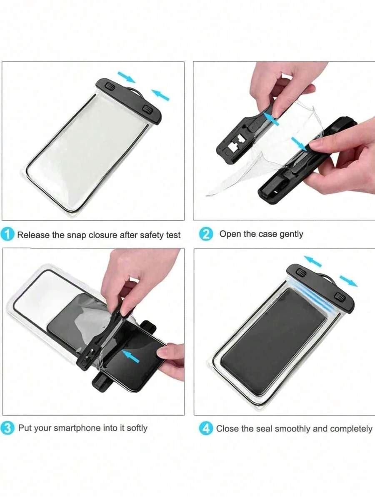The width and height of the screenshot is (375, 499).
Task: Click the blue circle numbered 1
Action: [x=7, y=235]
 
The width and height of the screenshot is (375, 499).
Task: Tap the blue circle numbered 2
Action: [x=206, y=234]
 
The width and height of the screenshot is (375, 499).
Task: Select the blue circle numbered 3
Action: [x=7, y=428]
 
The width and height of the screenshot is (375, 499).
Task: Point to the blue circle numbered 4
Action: [x=206, y=428]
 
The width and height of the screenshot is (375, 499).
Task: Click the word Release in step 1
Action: [x=33, y=235]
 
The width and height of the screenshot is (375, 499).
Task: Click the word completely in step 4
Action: [x=351, y=429]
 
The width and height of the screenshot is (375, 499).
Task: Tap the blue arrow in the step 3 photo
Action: [x=131, y=356]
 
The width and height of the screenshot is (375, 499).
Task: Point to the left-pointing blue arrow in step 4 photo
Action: [x=313, y=261]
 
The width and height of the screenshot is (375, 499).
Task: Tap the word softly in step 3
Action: [x=137, y=428]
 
